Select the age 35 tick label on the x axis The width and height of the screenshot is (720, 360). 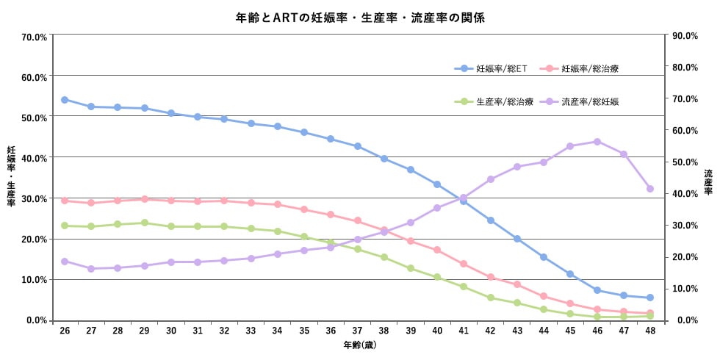(304, 331)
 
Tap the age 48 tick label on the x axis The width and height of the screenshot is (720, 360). (650, 331)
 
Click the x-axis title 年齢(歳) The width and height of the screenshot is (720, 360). (359, 345)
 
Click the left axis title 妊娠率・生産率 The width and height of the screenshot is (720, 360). (11, 176)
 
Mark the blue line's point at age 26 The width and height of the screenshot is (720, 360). (65, 100)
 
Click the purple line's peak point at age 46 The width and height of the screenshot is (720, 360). (597, 142)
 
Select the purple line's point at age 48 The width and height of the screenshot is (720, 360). (650, 189)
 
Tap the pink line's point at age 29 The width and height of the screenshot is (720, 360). (145, 199)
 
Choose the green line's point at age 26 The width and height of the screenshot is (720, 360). (65, 226)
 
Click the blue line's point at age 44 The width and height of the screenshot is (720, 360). (544, 257)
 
